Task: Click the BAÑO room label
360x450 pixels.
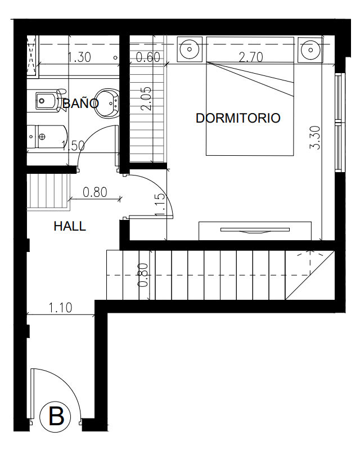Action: coord(80,103)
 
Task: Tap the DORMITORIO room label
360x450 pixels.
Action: coord(238,118)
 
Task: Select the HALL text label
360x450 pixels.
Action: coord(70,227)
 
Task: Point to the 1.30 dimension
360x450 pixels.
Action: coord(79,57)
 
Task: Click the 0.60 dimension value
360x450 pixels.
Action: coord(148,57)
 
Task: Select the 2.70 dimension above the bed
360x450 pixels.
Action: coord(251,57)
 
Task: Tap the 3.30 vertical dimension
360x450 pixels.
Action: coord(315,138)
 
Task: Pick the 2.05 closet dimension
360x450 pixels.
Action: coord(146,99)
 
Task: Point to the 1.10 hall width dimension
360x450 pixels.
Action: coord(60,308)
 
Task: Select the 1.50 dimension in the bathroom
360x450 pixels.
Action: coord(73,146)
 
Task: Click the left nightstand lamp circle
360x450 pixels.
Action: coord(190,49)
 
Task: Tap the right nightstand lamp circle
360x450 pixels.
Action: coord(310,49)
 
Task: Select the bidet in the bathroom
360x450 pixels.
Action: coord(46,101)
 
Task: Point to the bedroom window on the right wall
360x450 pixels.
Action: coord(339,123)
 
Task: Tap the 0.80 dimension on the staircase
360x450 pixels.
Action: coord(143,275)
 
